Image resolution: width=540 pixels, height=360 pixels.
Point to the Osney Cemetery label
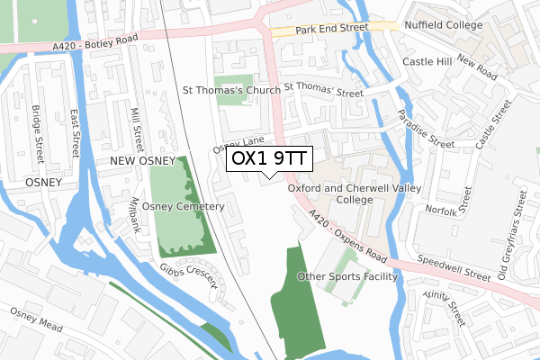coord(183,207)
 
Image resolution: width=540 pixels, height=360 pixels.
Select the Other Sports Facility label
coord(346,276)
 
